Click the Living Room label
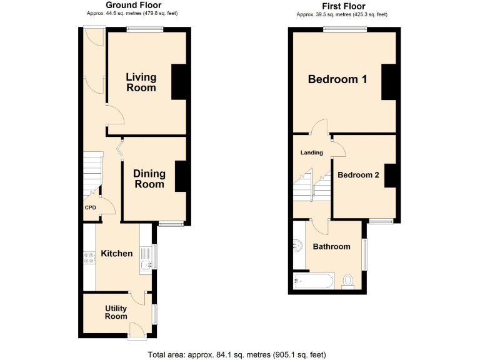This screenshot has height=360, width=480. [141, 82]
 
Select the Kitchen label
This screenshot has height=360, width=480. [117, 253]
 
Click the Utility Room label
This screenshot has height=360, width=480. [116, 312]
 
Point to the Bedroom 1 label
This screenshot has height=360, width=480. [337, 79]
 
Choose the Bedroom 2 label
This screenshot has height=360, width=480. [358, 175]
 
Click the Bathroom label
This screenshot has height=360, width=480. [331, 246]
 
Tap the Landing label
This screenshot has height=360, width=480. [311, 152]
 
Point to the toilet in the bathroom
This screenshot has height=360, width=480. [348, 282]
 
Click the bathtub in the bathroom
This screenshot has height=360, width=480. [313, 281]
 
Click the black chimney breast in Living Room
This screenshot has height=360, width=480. [179, 81]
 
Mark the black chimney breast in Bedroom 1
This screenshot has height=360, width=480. [389, 82]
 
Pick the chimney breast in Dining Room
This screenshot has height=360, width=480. [181, 176]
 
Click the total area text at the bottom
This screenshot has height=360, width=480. [237, 354]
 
